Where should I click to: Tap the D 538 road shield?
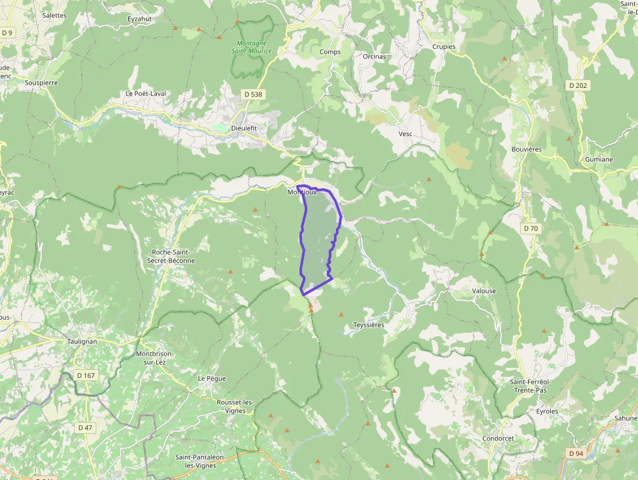[254, 94]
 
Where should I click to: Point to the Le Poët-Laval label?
[146, 93]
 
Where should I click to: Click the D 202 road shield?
[577, 85]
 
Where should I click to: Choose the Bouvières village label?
[527, 149]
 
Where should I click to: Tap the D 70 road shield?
[531, 229]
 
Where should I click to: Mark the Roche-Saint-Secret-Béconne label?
[173, 256]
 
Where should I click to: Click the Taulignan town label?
[82, 341]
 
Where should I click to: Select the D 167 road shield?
[85, 375]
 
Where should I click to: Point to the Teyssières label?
[368, 324]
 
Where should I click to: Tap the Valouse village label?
[484, 291]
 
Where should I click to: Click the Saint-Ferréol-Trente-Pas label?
[530, 386]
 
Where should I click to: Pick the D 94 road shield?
[576, 453]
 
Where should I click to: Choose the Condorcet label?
[498, 438]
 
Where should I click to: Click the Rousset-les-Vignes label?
[235, 406]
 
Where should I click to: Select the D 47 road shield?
[85, 427]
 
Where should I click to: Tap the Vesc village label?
[406, 134]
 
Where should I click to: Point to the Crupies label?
[444, 47]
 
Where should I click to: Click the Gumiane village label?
[598, 159]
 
